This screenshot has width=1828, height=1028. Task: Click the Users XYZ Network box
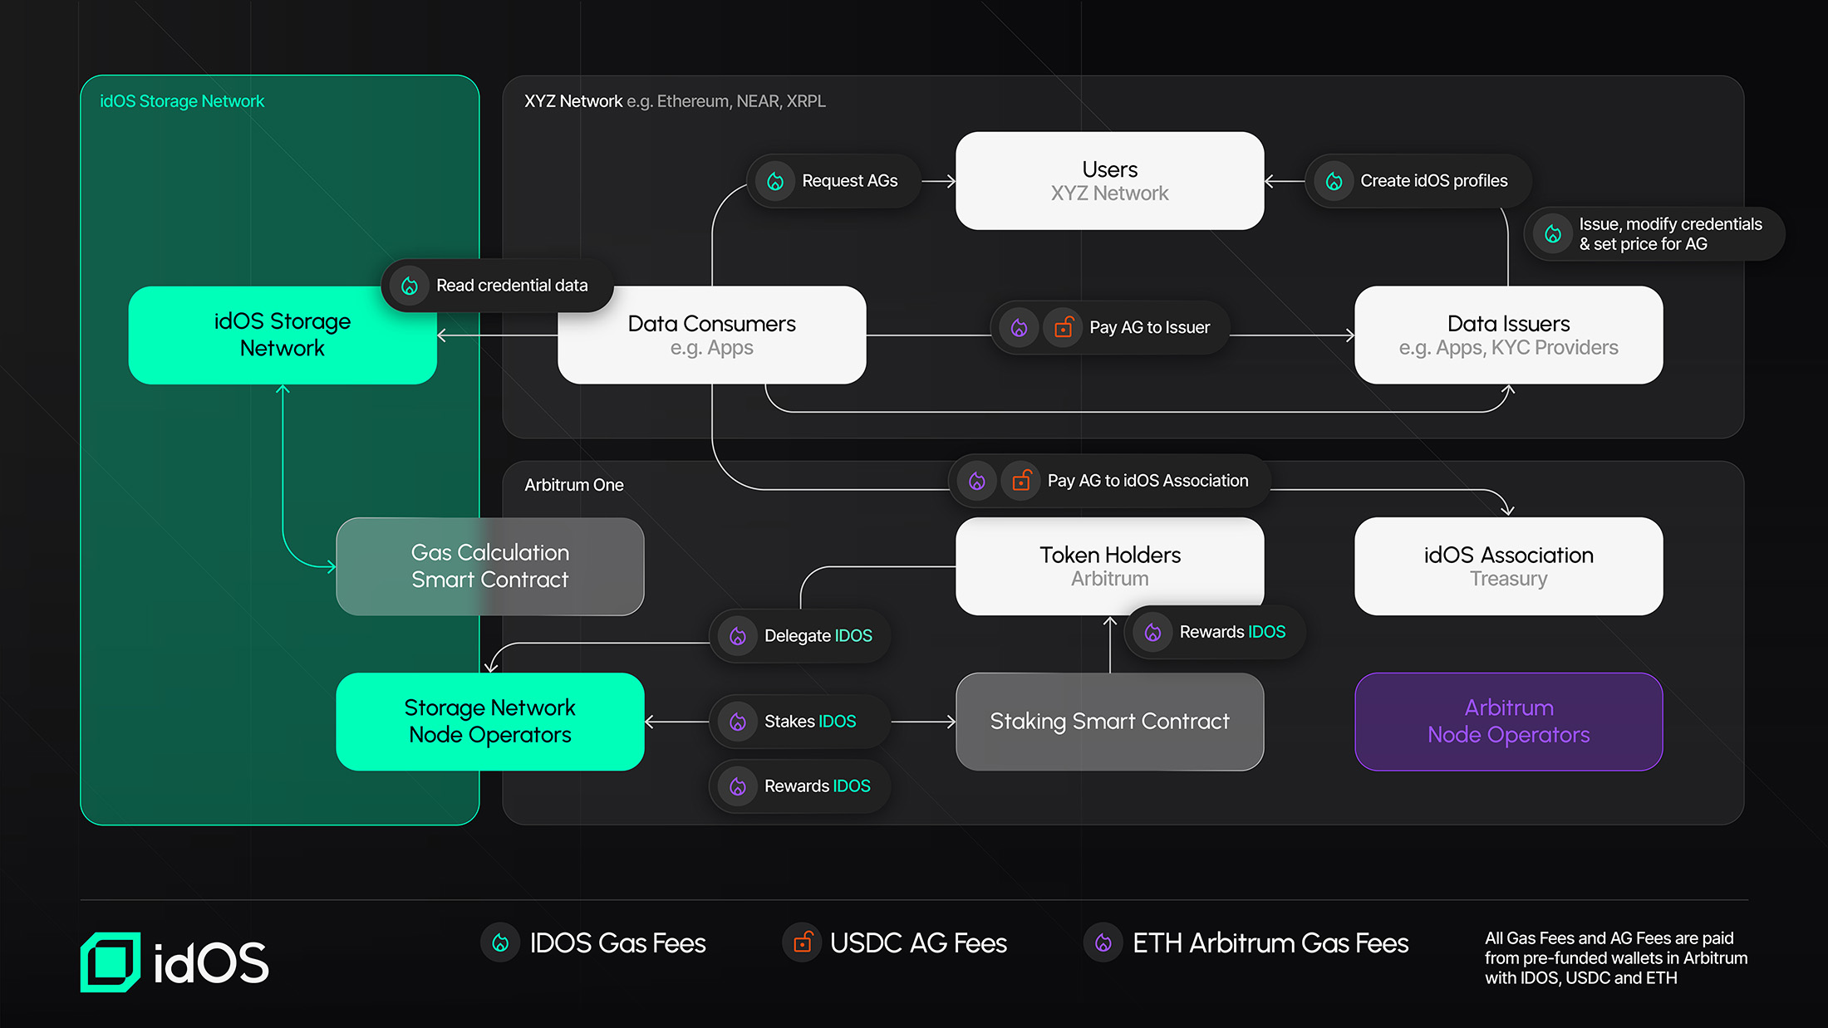coord(1109,181)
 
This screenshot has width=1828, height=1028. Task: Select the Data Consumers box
coord(711,335)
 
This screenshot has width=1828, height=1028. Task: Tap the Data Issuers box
coord(1508,335)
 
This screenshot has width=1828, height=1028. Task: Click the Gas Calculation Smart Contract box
coord(489,566)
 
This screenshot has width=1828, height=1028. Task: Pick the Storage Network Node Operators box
coord(489,721)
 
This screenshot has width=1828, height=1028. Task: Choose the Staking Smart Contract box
coord(1109,721)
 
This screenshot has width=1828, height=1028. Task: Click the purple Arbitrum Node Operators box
coord(1508,721)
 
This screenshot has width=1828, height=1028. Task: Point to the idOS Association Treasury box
coord(1508,566)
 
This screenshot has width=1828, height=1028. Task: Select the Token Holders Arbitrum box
coord(1109,566)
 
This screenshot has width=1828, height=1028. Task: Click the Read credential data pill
coord(497,286)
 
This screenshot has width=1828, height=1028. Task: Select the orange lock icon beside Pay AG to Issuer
coord(1063,328)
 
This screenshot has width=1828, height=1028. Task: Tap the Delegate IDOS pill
coord(800,636)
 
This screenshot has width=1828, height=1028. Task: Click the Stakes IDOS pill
coord(799,722)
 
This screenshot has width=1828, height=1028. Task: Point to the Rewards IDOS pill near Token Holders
coord(1215,633)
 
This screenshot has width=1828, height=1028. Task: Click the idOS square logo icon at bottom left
coord(111,962)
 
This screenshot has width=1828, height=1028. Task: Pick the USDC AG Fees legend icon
coord(802,942)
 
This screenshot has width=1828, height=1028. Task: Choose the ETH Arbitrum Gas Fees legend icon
coord(1103,942)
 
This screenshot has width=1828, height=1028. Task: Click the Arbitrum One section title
coord(573,485)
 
